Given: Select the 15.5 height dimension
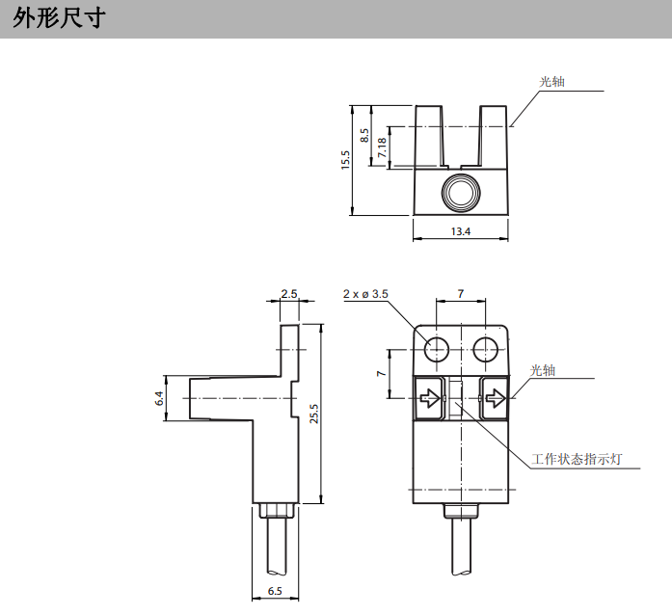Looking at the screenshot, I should tap(345, 159).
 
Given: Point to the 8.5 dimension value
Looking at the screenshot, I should tap(364, 135).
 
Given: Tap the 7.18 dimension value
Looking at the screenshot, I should tap(382, 147).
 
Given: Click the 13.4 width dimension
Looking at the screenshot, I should tap(460, 231).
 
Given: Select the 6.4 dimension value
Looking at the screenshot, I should tap(160, 397).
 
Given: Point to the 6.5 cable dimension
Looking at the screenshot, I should tap(275, 591).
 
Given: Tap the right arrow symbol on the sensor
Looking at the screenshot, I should tap(494, 397).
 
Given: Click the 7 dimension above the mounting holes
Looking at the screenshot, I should tap(461, 293).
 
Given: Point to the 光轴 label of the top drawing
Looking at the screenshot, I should tap(551, 82).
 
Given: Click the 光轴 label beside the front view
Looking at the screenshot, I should tap(543, 370).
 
